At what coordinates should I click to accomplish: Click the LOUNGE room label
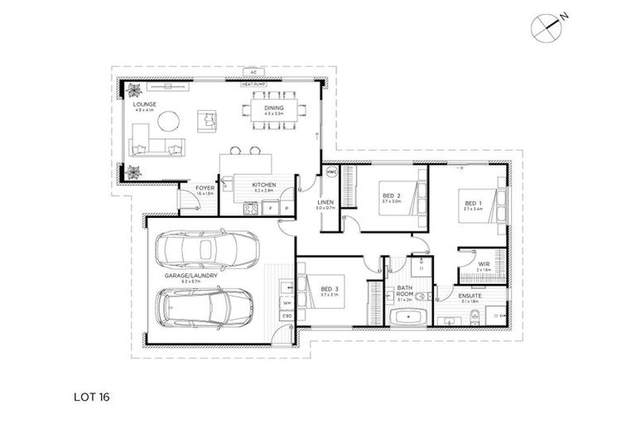(x=144, y=104)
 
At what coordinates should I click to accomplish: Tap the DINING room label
(x=274, y=108)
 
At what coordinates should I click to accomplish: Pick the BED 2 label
(x=392, y=195)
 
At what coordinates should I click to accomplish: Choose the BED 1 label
(x=472, y=203)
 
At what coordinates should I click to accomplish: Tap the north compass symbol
(x=547, y=26)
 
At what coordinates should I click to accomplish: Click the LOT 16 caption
(x=91, y=397)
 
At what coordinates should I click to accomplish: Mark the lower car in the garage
(x=206, y=308)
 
